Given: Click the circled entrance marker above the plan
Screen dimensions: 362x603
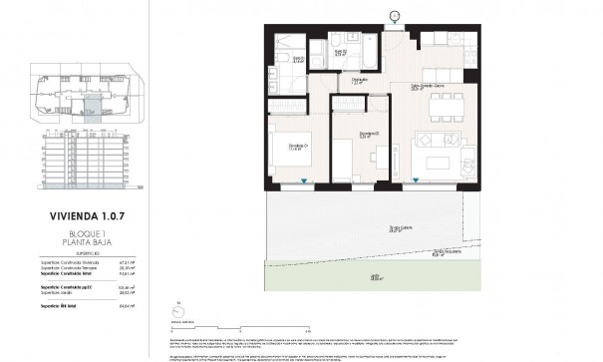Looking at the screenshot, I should [x=394, y=14].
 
